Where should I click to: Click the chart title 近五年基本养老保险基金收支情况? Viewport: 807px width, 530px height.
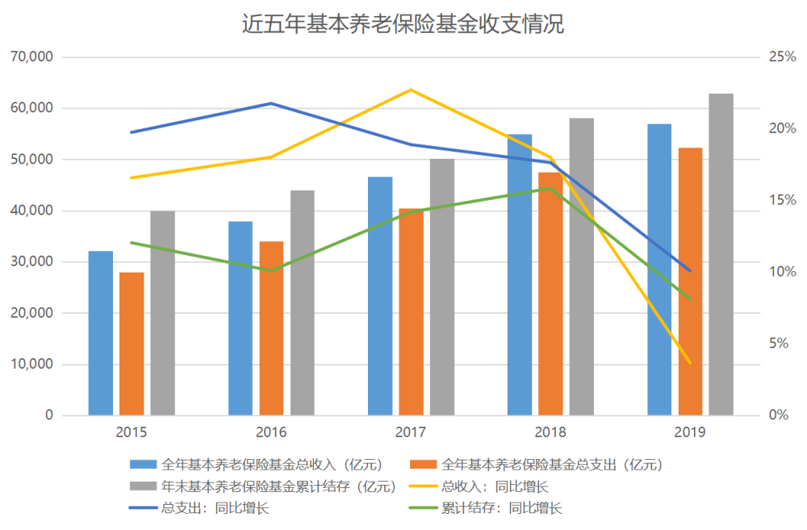[403, 24]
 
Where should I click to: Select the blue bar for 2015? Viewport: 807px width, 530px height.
[101, 333]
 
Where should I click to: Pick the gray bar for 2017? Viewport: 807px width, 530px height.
[441, 287]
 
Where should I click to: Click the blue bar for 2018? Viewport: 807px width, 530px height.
[520, 274]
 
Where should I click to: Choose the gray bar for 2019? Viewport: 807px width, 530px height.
[721, 254]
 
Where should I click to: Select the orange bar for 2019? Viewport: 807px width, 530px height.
[690, 282]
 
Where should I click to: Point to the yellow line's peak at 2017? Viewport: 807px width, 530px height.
[411, 90]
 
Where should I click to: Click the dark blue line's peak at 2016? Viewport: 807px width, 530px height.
[271, 103]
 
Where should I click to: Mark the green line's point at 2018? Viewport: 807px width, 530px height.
[550, 188]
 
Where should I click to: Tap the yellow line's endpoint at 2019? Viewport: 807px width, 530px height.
[690, 363]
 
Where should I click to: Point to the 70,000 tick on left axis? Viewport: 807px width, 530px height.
[32, 57]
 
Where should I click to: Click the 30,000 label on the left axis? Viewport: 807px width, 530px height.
[32, 262]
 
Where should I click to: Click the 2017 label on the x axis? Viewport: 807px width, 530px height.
[411, 432]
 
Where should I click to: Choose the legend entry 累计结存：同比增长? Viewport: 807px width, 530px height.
[500, 508]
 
